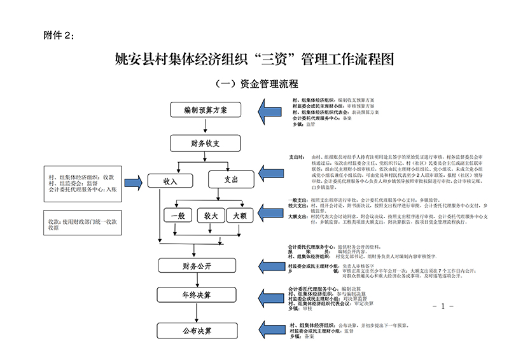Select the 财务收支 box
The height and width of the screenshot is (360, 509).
(x=205, y=144)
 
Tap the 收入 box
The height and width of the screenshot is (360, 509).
(x=170, y=181)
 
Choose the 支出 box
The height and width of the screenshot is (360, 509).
(x=231, y=181)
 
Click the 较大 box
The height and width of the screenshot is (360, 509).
(x=211, y=216)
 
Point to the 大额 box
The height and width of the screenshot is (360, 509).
(x=240, y=216)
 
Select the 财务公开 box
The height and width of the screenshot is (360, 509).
(x=197, y=265)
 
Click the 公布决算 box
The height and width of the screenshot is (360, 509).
(x=197, y=331)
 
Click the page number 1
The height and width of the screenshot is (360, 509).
(x=442, y=307)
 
